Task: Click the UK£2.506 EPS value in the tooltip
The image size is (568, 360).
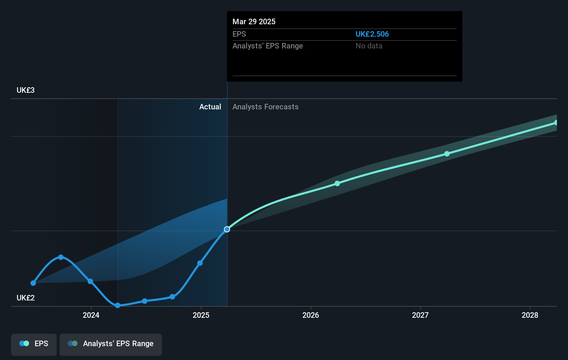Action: [372, 34]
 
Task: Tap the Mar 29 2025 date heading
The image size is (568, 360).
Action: [254, 21]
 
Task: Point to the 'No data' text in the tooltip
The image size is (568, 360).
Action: [369, 46]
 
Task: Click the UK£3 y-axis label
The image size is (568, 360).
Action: [26, 90]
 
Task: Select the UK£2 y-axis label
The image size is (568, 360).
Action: [26, 298]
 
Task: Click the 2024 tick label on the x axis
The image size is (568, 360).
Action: [91, 315]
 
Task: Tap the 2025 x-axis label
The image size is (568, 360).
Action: [201, 315]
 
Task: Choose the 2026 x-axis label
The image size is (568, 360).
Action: [311, 315]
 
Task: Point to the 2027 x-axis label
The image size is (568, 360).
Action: [420, 315]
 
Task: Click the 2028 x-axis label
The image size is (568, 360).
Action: [530, 315]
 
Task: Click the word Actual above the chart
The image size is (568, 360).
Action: [210, 107]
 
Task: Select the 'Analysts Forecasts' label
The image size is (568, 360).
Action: [265, 107]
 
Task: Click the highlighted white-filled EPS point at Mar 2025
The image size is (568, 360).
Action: [227, 229]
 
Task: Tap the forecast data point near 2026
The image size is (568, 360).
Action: [337, 183]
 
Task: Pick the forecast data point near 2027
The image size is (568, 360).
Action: [447, 154]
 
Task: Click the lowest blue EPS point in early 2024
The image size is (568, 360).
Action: [118, 305]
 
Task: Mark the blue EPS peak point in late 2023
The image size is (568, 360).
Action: [61, 257]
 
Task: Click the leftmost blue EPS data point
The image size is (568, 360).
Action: [33, 283]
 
